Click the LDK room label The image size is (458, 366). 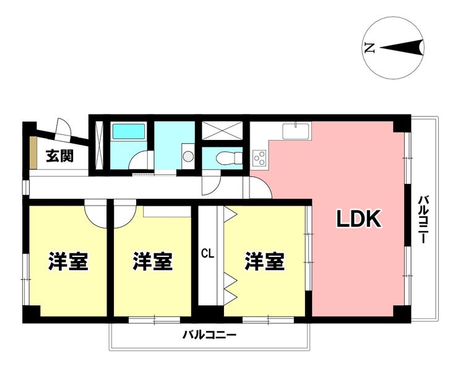tap(359, 219)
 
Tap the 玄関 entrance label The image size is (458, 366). tap(59, 156)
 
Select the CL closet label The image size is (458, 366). tap(208, 253)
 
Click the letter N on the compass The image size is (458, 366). tap(369, 48)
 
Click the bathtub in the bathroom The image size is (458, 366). tap(129, 131)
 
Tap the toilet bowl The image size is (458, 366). tap(229, 158)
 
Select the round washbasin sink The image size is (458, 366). tap(188, 157)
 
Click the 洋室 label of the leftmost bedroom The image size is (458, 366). tap(68, 261)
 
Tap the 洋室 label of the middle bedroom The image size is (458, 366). tap(153, 261)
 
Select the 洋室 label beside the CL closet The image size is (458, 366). tap(265, 261)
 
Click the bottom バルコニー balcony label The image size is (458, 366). tap(209, 334)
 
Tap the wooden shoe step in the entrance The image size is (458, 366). tap(33, 152)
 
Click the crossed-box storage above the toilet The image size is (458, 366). tap(222, 131)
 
